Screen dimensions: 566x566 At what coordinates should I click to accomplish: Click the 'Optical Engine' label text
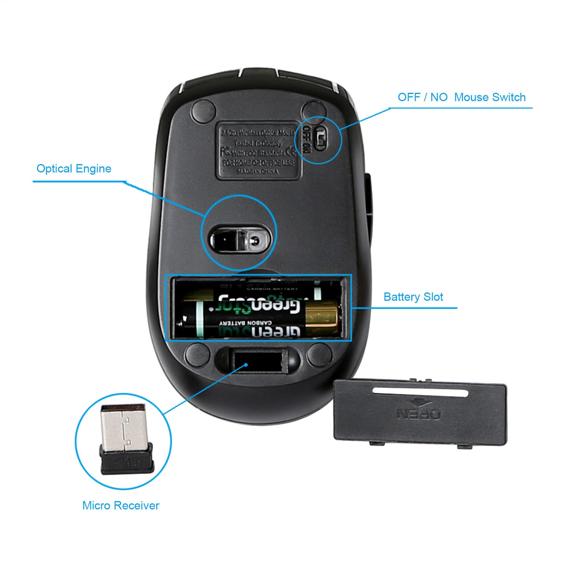(x=74, y=168)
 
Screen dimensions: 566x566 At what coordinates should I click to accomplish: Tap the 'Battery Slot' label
(x=413, y=297)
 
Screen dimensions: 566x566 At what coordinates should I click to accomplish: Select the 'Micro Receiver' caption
(x=121, y=505)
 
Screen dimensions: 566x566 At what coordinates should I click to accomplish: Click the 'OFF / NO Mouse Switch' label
(x=461, y=97)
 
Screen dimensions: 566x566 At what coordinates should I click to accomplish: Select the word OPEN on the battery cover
(x=419, y=414)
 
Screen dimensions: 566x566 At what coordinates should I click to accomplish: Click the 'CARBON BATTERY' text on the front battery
(x=246, y=323)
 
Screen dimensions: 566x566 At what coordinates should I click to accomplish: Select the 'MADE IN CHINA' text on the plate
(x=258, y=172)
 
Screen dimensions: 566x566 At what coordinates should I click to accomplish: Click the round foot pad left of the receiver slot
(x=197, y=354)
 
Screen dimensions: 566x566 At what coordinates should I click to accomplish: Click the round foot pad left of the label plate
(x=203, y=111)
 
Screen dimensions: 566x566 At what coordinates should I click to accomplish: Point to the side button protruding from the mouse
(x=369, y=196)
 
